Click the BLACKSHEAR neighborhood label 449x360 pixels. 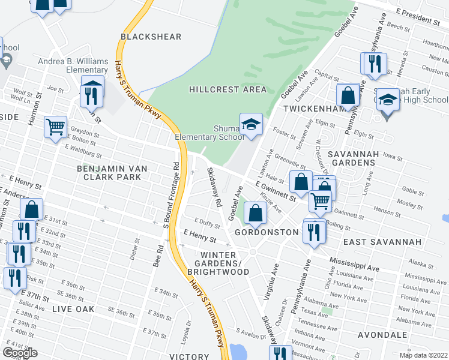point(151,37)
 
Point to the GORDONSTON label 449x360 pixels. point(267,232)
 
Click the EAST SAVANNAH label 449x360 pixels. point(374,241)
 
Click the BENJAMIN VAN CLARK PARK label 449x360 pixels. point(109,173)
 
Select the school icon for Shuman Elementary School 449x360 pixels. point(251,124)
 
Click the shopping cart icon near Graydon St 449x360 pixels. point(55,127)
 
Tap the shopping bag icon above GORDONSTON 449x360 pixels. point(256,212)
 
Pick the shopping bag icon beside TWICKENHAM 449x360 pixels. point(348,95)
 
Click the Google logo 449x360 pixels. point(20,353)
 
